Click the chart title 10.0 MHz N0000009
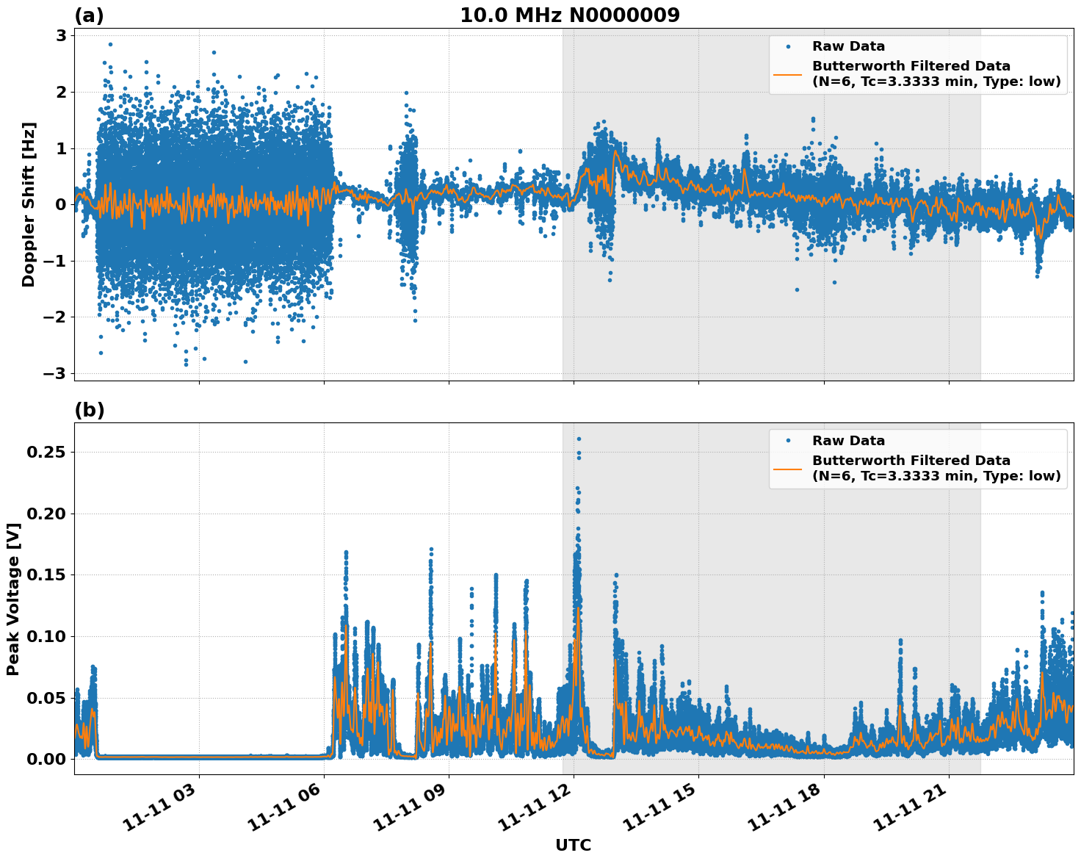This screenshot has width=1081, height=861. pos(570,15)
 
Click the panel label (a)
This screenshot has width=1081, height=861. pos(90,15)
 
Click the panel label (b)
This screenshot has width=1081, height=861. pos(90,410)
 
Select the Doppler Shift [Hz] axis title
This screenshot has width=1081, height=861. pos(29,204)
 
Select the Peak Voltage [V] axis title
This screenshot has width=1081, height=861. pos(13,599)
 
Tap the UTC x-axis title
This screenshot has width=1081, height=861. pos(573,845)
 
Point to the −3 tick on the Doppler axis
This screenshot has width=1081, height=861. pos(54,373)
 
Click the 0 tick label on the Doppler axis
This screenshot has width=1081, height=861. pos(61,204)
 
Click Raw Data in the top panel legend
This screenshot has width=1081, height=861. pos(848,46)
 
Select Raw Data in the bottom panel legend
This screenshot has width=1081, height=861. pos(848,441)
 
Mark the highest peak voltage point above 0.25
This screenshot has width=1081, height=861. pos(579,439)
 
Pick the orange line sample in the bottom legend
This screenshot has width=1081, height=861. pos(787,468)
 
